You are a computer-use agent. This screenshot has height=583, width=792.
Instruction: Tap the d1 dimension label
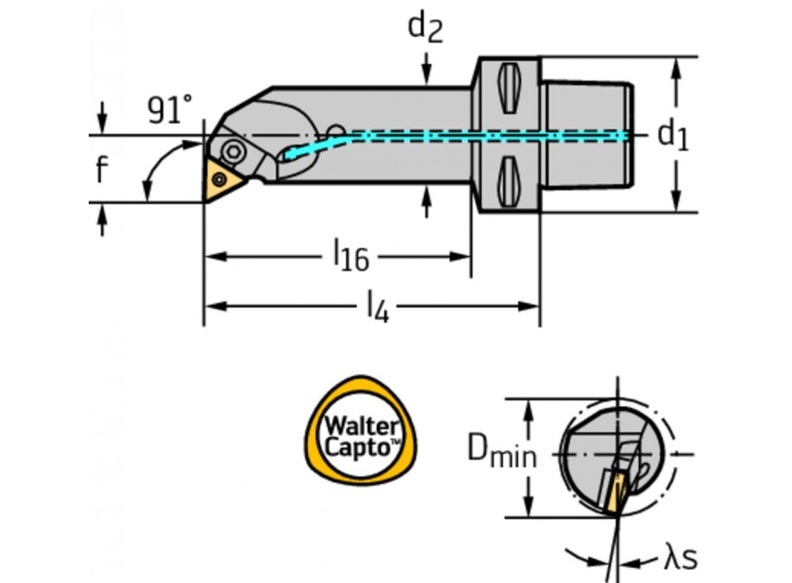(673, 135)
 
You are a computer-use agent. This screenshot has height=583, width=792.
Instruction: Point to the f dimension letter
(101, 169)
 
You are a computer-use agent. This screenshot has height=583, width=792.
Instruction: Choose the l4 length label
(376, 307)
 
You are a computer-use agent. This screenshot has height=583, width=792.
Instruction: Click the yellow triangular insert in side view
(221, 177)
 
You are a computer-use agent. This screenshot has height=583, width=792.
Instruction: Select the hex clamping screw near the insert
(232, 151)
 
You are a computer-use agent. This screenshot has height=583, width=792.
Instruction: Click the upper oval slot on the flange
(507, 89)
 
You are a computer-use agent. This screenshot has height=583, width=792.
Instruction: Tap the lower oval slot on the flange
(507, 179)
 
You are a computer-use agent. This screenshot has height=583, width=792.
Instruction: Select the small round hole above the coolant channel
(336, 129)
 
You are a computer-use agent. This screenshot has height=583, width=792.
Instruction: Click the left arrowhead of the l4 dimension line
(212, 306)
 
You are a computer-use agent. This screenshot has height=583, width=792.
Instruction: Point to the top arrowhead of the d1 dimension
(675, 66)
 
